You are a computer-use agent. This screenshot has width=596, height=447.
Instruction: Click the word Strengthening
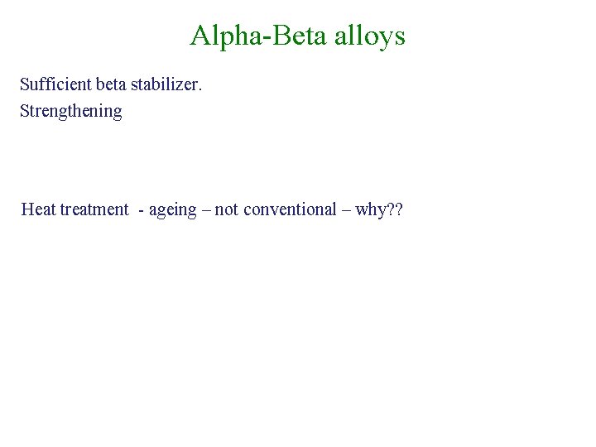pos(71,111)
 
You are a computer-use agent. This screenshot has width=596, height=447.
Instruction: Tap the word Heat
pos(39,209)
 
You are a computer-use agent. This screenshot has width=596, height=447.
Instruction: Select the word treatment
pos(94,209)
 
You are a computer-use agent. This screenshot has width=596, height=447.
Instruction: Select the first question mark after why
pos(391,209)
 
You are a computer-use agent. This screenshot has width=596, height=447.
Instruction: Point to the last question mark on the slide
pos(399,209)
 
